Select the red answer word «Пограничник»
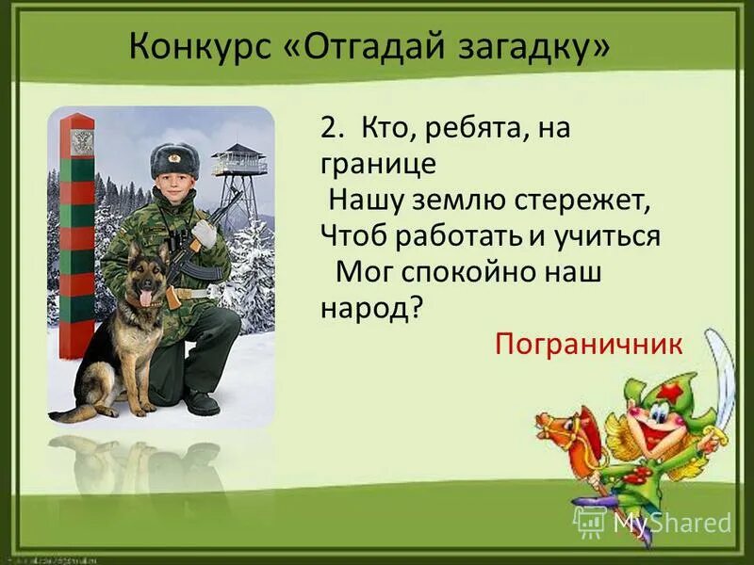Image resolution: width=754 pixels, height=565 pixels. point(587,343)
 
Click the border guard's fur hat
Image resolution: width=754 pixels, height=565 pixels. point(174,159)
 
